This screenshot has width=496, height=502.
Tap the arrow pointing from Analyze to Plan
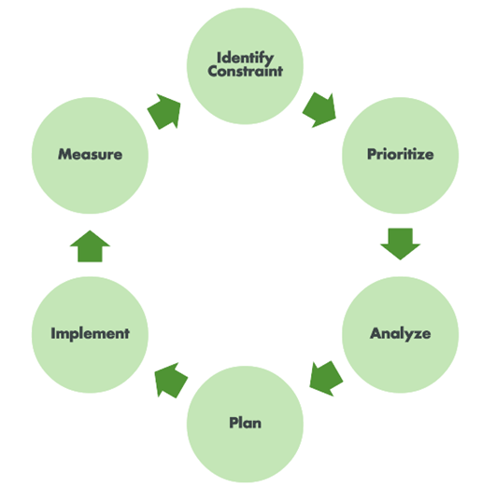click(x=326, y=378)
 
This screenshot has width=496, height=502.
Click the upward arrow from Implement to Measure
click(x=91, y=246)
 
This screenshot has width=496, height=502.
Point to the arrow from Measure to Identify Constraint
click(x=164, y=110)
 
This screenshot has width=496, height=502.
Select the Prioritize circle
click(x=400, y=154)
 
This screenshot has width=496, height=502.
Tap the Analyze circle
click(x=400, y=333)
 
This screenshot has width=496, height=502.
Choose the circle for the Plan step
click(x=246, y=423)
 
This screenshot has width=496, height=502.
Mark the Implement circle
click(x=90, y=333)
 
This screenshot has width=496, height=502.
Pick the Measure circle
click(x=90, y=154)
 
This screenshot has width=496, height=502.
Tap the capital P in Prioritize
click(x=371, y=154)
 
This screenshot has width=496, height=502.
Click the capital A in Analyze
click(x=375, y=333)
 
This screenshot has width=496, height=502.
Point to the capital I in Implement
click(x=54, y=333)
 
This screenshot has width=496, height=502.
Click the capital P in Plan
click(x=233, y=423)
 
